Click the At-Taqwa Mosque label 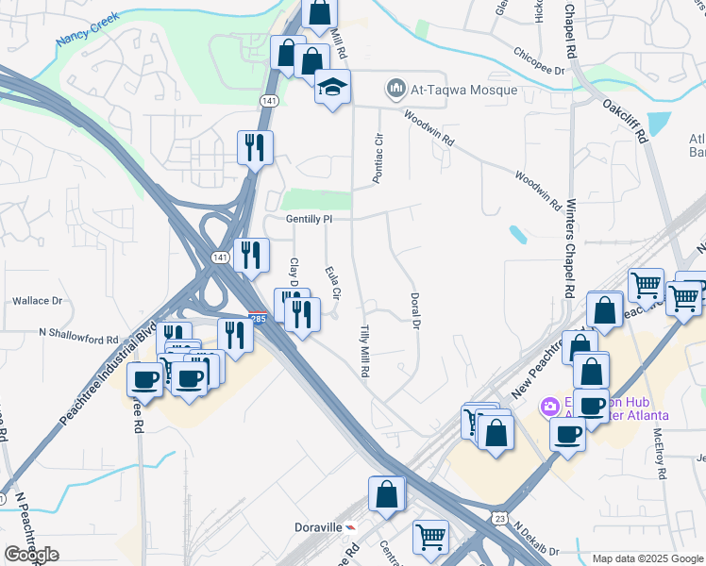pos(462,90)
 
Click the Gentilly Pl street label pos(311,218)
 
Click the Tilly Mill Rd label pos(364,351)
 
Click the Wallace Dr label pos(37,301)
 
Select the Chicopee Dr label pos(540,70)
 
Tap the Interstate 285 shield pos(256,317)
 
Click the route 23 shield pos(499,518)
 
